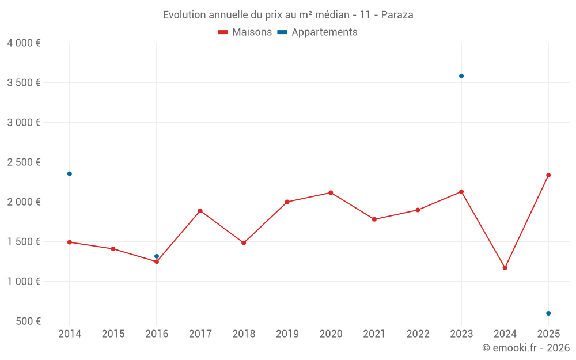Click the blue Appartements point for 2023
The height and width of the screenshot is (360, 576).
[x=461, y=76]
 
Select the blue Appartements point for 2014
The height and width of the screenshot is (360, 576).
[x=70, y=173]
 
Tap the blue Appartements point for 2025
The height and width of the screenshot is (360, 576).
[x=548, y=313]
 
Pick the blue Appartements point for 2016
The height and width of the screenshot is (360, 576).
[x=157, y=256]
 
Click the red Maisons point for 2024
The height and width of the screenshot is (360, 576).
[x=505, y=268]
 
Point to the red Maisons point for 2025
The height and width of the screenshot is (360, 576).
[x=548, y=175]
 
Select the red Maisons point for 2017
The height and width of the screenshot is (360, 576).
[x=200, y=211]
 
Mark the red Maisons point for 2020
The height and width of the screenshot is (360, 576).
[x=331, y=192]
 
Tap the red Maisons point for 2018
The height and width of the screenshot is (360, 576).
[x=244, y=243]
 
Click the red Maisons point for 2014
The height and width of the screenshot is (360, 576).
[x=70, y=242]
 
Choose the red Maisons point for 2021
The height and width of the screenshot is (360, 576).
[x=374, y=219]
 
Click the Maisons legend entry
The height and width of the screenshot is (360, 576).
[x=245, y=32]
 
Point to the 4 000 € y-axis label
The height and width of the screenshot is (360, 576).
[x=24, y=43]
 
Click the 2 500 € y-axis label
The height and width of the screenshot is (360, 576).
[x=24, y=162]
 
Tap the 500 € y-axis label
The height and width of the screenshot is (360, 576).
[x=28, y=321]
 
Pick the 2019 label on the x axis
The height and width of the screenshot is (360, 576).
[x=287, y=334]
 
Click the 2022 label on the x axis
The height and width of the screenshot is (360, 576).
[x=418, y=334]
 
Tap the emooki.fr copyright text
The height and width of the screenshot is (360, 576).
[x=526, y=348]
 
